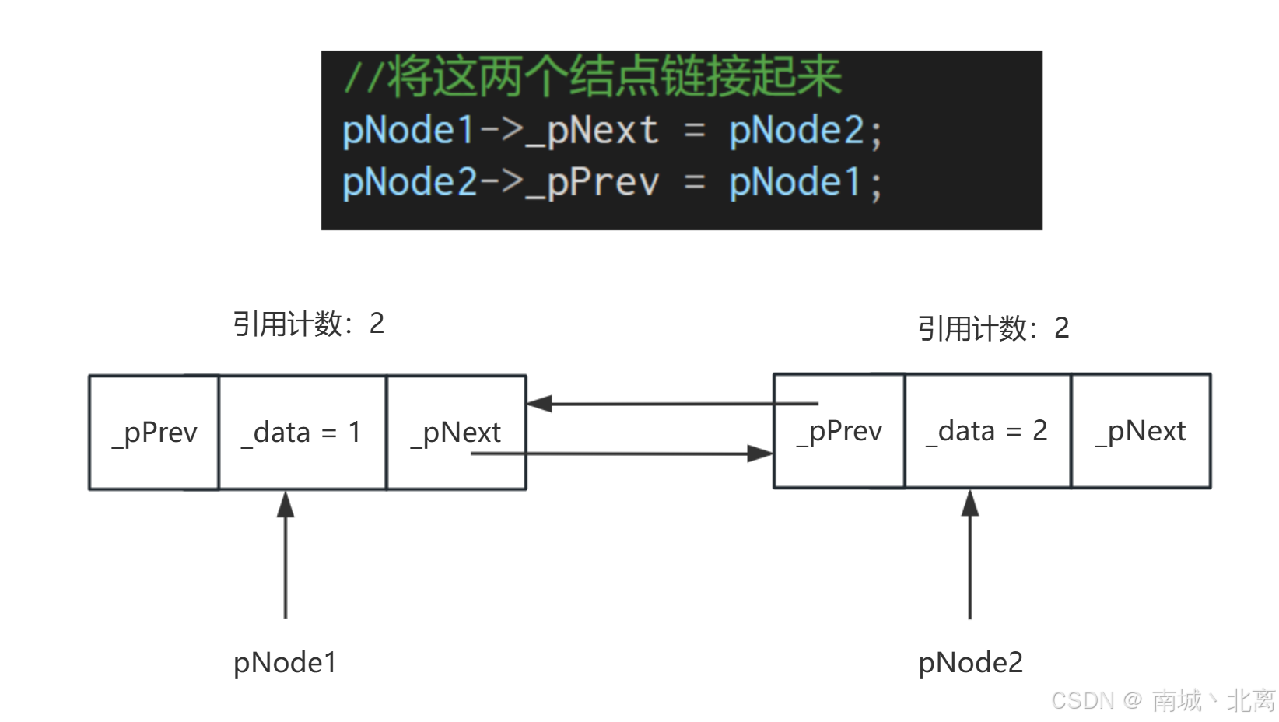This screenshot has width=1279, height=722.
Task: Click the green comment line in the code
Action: point(593,78)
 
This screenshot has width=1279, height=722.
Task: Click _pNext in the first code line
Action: point(593,131)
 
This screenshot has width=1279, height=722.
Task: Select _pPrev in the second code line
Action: point(593,183)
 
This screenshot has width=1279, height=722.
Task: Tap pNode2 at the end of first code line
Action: point(796,131)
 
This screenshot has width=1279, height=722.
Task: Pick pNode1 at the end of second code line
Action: point(794,183)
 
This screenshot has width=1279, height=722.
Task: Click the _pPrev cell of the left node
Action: point(154,433)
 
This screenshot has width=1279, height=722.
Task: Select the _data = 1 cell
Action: point(302,433)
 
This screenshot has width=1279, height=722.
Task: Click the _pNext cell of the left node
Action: point(456,433)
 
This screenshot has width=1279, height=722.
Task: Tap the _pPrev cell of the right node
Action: point(839,431)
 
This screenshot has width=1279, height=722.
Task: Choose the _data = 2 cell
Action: point(986,431)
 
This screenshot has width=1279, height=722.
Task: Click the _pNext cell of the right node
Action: point(1141,431)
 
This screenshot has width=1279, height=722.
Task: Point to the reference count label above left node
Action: point(308,324)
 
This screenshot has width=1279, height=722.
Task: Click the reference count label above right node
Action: point(993,328)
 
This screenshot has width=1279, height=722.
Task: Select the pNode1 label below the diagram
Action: point(285,663)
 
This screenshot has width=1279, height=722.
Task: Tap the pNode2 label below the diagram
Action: point(970,663)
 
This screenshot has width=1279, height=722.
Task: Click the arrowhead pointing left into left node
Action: point(539,404)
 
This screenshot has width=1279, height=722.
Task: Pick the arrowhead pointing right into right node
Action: point(760,454)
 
